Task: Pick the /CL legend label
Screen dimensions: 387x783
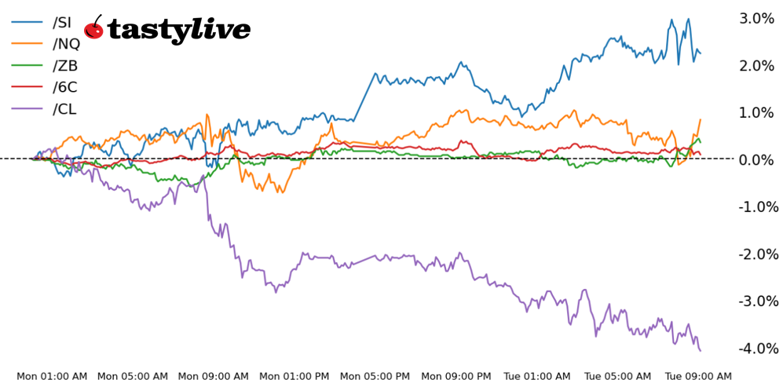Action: (x=64, y=109)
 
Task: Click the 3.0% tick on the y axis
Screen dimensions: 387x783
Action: (x=757, y=18)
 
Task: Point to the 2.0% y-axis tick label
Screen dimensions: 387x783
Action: (x=757, y=65)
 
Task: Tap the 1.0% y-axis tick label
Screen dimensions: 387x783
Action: (x=757, y=112)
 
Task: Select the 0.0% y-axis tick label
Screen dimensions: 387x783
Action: (x=757, y=159)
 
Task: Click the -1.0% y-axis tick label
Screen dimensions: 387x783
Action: (x=756, y=206)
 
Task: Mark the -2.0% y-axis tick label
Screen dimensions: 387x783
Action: (x=756, y=254)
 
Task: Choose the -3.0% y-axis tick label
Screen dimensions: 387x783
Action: (x=756, y=301)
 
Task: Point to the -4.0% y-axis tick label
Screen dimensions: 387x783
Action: (x=756, y=348)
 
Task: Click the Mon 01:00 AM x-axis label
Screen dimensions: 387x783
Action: (x=50, y=376)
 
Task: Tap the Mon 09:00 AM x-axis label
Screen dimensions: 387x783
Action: (x=214, y=376)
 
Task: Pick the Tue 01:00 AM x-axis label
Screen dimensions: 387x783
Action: (x=536, y=376)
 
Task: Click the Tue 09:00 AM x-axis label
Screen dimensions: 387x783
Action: (x=698, y=376)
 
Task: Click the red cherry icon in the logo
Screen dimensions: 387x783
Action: (x=93, y=28)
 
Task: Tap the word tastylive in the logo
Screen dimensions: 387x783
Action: (x=179, y=31)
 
